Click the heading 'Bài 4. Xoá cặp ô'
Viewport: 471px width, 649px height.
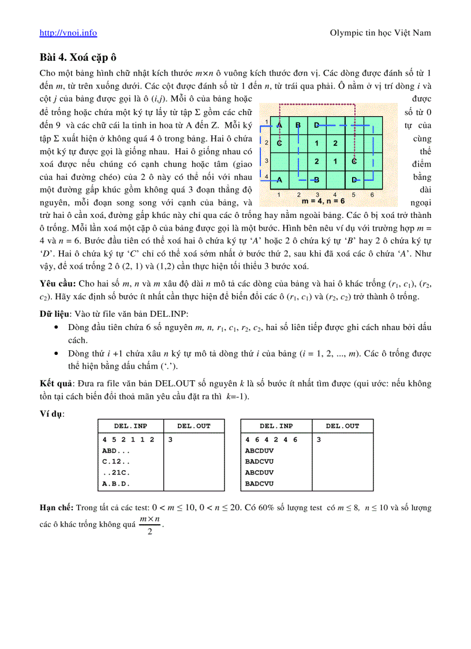coord(78,57)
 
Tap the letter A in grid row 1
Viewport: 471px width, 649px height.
coord(279,125)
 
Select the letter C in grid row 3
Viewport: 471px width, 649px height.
coord(354,161)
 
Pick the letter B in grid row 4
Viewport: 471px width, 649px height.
coord(316,179)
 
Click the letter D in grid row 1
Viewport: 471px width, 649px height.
coord(317,125)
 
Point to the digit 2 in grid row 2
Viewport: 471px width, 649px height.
coord(335,143)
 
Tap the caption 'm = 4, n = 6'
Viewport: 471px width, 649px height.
coord(323,202)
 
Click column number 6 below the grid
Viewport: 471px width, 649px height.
coord(372,195)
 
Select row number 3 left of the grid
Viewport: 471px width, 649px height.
coord(266,161)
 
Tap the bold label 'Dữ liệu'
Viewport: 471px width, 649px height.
coord(53,313)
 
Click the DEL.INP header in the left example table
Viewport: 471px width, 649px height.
coord(130,426)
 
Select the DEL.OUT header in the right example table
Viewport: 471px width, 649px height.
coord(342,426)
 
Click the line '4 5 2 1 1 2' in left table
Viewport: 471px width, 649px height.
coord(128,439)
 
